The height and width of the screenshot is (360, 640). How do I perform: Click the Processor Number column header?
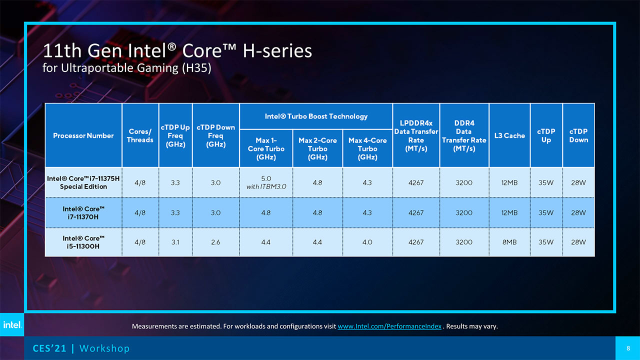(x=83, y=135)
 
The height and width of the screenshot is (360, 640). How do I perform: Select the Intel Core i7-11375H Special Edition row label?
(x=77, y=182)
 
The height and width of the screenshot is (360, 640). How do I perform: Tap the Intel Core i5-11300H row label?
(x=83, y=242)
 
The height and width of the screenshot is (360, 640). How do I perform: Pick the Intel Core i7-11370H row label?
(x=83, y=212)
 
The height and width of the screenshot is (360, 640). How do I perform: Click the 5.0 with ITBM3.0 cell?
(x=266, y=182)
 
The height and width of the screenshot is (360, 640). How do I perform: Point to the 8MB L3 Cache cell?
(x=509, y=242)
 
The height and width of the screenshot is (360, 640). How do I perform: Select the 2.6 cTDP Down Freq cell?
(x=215, y=242)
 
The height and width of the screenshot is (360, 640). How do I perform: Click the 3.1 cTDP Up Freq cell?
(x=175, y=242)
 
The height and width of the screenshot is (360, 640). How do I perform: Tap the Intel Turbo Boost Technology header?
(x=316, y=116)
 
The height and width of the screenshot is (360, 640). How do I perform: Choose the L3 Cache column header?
(x=509, y=135)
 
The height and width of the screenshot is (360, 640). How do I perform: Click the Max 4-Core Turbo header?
(x=367, y=148)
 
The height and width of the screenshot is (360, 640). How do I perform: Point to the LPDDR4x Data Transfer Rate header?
(x=416, y=135)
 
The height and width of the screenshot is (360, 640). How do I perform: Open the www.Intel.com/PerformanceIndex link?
(x=389, y=326)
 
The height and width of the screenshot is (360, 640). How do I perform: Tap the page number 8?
(x=627, y=348)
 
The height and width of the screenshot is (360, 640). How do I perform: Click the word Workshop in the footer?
(x=104, y=348)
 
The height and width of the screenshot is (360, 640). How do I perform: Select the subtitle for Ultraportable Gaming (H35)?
(x=127, y=68)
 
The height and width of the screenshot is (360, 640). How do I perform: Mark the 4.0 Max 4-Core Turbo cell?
(x=367, y=242)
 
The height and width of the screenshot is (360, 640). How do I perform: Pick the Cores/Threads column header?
(x=140, y=135)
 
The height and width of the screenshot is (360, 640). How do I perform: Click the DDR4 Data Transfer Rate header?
(x=464, y=135)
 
